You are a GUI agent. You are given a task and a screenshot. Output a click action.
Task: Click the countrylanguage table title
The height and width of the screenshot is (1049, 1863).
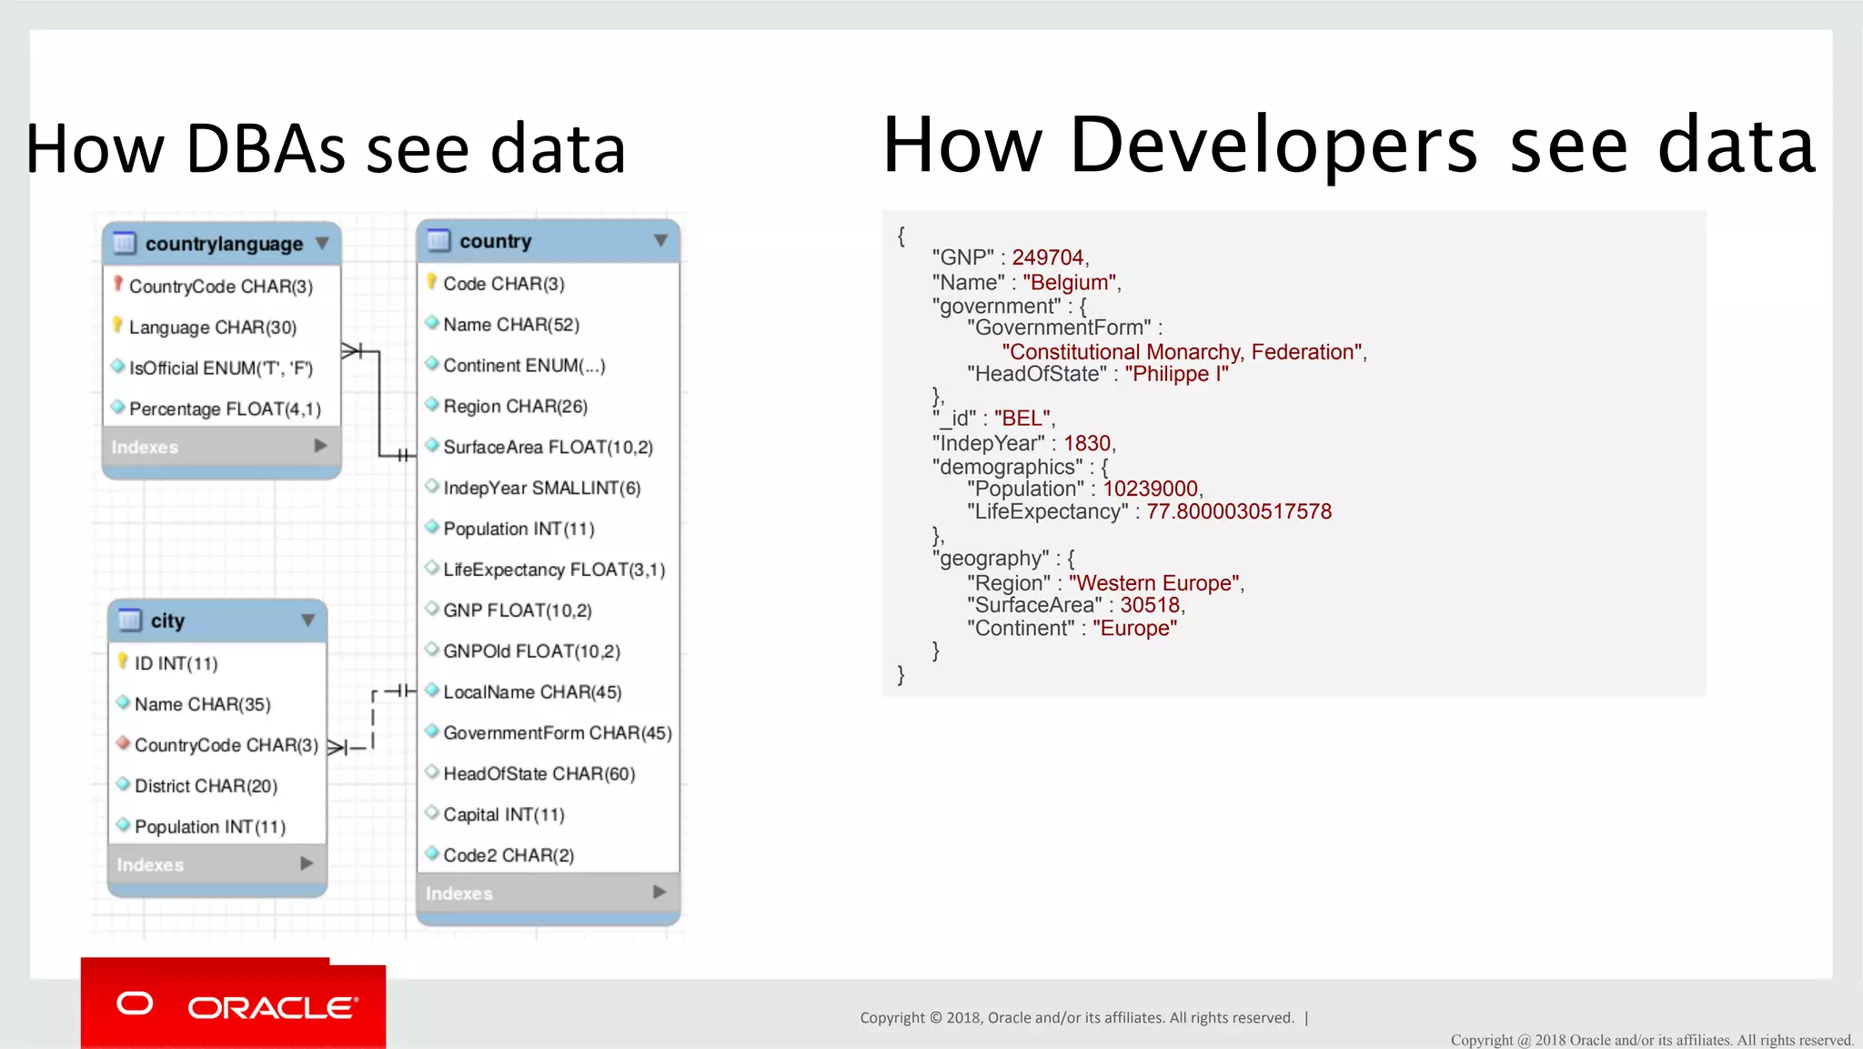(224, 244)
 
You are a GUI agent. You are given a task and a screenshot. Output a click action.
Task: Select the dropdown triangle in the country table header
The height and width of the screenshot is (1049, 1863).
(660, 241)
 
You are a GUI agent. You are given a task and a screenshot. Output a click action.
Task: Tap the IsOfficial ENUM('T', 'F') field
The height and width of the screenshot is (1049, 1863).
(220, 368)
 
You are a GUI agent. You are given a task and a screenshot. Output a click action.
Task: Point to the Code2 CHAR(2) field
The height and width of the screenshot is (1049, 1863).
(508, 855)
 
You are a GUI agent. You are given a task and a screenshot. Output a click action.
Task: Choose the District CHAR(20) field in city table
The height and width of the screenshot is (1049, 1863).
(206, 786)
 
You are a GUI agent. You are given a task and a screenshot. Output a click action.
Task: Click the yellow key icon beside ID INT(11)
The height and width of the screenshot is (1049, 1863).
(123, 661)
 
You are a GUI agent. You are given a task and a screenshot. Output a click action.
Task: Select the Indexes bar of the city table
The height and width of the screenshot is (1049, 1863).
(217, 864)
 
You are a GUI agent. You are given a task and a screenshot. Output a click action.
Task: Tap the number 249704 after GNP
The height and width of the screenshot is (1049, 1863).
(1048, 257)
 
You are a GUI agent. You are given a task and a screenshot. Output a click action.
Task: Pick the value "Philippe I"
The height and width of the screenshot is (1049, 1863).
(1176, 374)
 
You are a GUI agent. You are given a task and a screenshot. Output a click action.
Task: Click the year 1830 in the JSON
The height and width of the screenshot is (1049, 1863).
(1087, 443)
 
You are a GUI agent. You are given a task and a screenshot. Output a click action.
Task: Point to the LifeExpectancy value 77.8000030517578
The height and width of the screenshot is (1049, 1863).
(1238, 511)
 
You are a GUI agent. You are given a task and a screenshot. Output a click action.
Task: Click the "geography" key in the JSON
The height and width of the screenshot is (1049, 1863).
(991, 559)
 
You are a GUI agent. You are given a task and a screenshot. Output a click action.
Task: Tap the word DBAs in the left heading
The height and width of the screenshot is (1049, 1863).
(266, 148)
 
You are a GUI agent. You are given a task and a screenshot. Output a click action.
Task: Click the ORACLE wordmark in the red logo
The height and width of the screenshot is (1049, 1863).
(272, 1008)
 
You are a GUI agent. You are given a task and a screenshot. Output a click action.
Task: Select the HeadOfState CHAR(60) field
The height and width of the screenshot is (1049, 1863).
(539, 773)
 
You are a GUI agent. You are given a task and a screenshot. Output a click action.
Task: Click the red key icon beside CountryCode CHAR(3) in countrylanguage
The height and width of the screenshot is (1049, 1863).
(118, 284)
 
